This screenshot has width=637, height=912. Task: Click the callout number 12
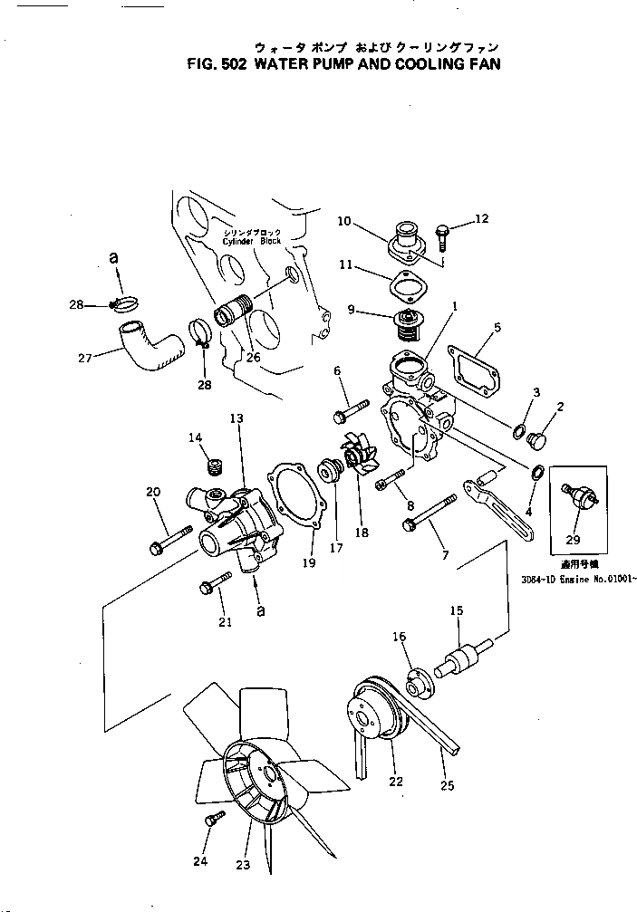click(x=481, y=218)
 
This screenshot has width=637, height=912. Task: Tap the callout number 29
click(x=572, y=540)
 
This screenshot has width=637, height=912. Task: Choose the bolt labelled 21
click(x=211, y=583)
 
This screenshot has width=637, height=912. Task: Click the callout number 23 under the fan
click(x=243, y=865)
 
